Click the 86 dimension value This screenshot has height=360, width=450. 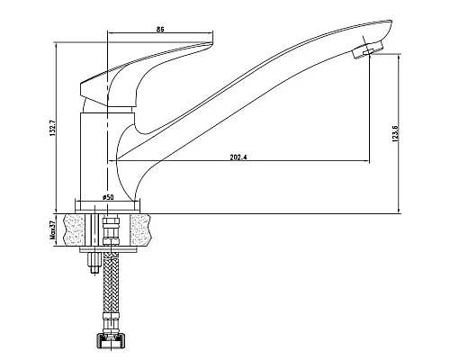click(x=160, y=30)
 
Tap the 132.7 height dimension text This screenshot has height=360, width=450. click(x=53, y=128)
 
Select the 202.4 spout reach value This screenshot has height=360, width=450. click(x=238, y=157)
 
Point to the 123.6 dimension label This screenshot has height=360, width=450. click(x=395, y=133)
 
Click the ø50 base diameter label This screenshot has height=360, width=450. click(x=108, y=197)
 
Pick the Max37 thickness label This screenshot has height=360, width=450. click(x=53, y=230)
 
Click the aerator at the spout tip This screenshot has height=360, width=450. click(x=367, y=50)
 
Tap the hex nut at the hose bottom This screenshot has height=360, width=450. click(x=111, y=342)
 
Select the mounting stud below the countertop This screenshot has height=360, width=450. click(x=94, y=263)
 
